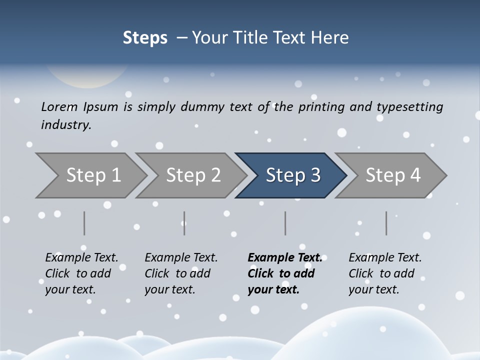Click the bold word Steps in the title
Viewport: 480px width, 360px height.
[x=145, y=38]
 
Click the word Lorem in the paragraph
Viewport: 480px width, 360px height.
[x=59, y=107]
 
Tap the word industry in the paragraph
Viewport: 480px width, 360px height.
[x=65, y=125]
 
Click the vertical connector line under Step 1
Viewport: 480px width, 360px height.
[x=84, y=223]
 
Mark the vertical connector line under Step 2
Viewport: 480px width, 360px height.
[x=184, y=223]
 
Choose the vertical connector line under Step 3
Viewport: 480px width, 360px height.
[x=285, y=223]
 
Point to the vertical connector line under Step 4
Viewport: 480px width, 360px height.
[x=386, y=223]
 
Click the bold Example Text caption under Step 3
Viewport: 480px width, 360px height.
[x=285, y=273]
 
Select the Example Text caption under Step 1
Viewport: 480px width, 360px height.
[x=81, y=273]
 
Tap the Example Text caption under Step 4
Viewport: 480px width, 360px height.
[x=385, y=273]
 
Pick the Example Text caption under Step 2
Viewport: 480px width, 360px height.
[x=181, y=273]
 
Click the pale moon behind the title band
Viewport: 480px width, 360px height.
[x=85, y=75]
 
